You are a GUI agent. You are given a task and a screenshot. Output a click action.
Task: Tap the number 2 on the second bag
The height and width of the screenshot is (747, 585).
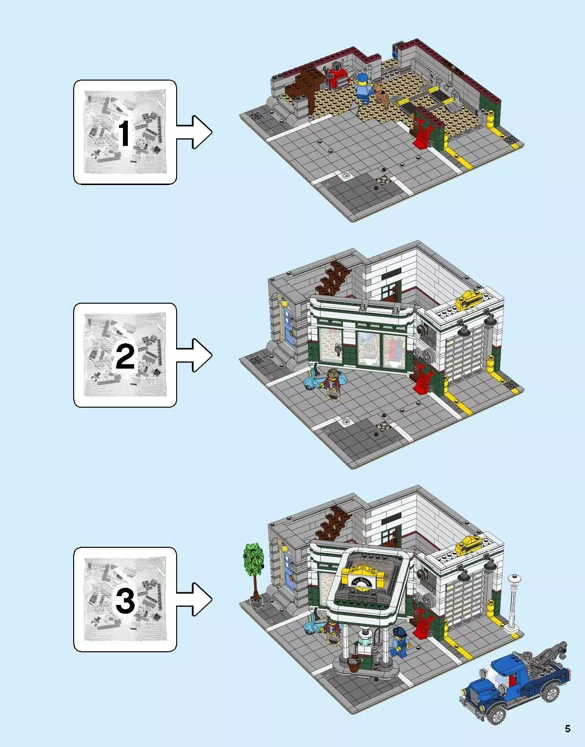pyautogui.click(x=125, y=358)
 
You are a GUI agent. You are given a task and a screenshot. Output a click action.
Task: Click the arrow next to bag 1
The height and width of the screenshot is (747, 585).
pyautogui.click(x=195, y=132)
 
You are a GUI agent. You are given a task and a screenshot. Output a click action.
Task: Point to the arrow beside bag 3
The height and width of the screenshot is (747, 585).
pyautogui.click(x=195, y=599)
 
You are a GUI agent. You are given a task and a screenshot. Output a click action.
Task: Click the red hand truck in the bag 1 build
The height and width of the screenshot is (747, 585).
pyautogui.click(x=421, y=134)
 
